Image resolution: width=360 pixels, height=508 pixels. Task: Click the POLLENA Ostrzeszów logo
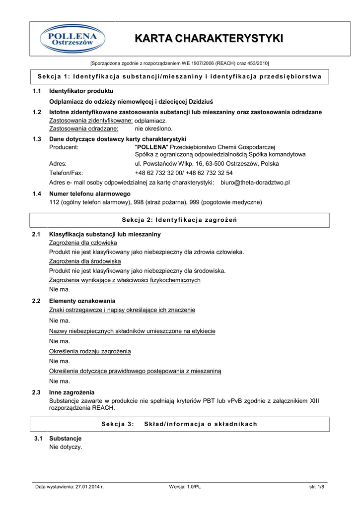72,39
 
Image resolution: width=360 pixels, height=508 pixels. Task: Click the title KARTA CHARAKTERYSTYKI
209,39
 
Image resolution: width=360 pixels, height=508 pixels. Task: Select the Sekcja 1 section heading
180,76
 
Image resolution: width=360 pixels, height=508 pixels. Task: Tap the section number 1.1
37,91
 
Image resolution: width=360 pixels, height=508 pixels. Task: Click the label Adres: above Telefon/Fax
58,163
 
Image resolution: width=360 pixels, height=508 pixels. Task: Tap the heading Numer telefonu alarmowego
90,194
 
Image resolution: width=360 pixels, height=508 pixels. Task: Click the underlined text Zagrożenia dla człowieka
83,243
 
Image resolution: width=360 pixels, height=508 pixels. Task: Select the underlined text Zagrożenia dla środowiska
85,261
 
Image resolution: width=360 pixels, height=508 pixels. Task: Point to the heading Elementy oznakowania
82,301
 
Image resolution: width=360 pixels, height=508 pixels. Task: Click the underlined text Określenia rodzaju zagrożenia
90,351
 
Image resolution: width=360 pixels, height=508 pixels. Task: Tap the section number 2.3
36,392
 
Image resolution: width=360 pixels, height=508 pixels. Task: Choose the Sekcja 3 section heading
180,424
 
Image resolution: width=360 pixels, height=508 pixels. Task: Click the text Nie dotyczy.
66,447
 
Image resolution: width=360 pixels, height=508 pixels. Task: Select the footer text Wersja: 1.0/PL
185,487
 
